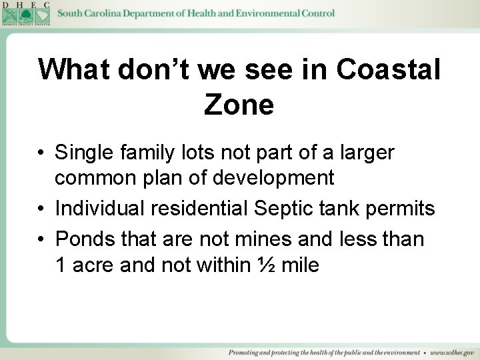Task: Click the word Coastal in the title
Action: (389, 69)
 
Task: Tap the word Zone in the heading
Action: (239, 104)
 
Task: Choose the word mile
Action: (300, 265)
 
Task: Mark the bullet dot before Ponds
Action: (41, 239)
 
